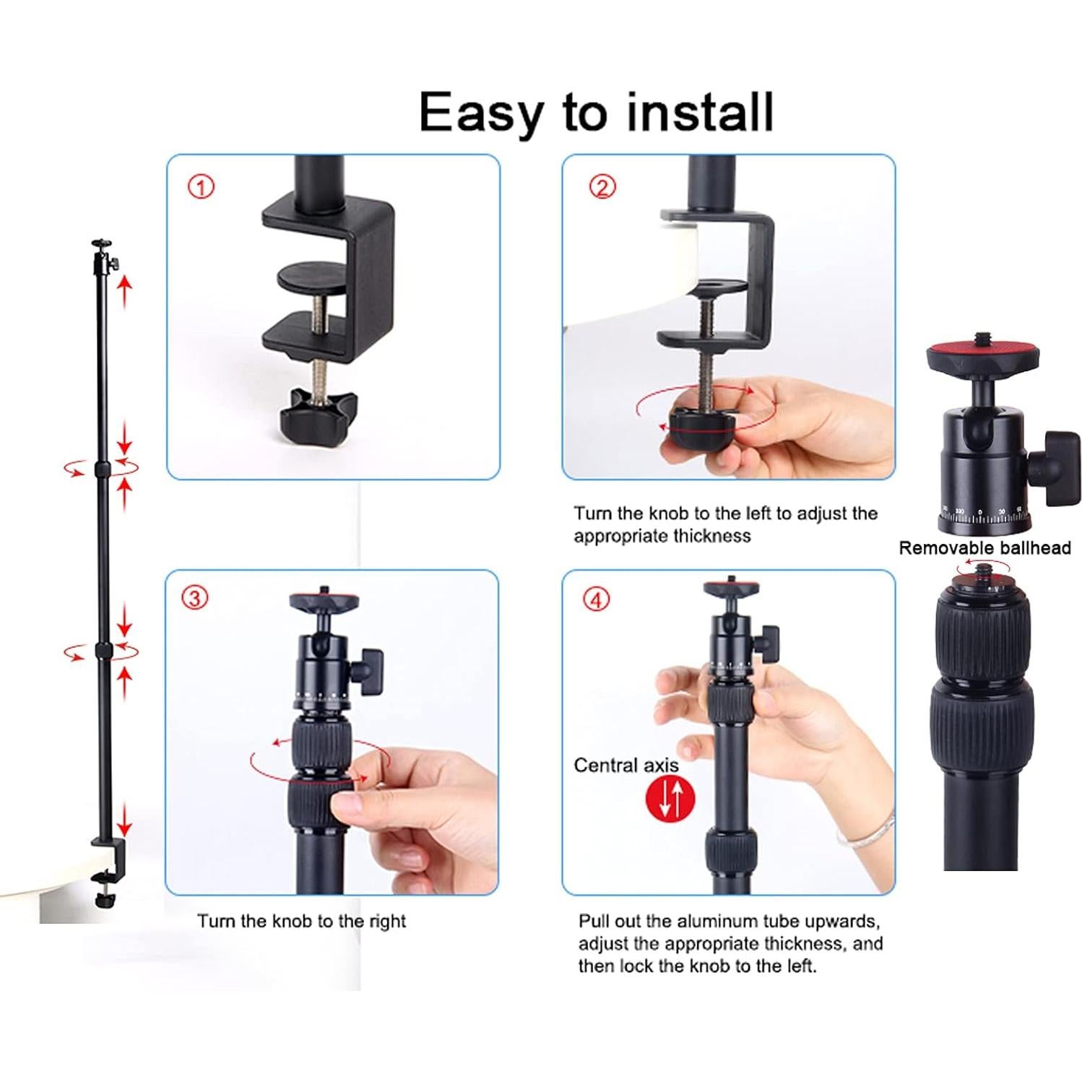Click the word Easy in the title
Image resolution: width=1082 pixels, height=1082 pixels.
[x=482, y=113]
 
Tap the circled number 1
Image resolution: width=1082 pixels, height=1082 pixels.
[x=201, y=187]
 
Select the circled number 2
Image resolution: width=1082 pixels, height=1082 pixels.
[x=602, y=187]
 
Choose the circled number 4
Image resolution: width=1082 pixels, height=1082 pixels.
[x=596, y=599]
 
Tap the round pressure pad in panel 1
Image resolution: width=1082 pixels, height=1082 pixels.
[x=311, y=275]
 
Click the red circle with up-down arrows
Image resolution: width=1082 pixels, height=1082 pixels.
[x=670, y=799]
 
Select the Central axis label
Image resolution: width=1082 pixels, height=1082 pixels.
[x=626, y=766]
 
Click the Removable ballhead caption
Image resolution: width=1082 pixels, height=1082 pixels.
[x=984, y=548]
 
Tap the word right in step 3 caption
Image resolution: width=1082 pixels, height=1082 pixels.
[x=387, y=921]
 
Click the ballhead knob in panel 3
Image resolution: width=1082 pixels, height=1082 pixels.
[x=370, y=670]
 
